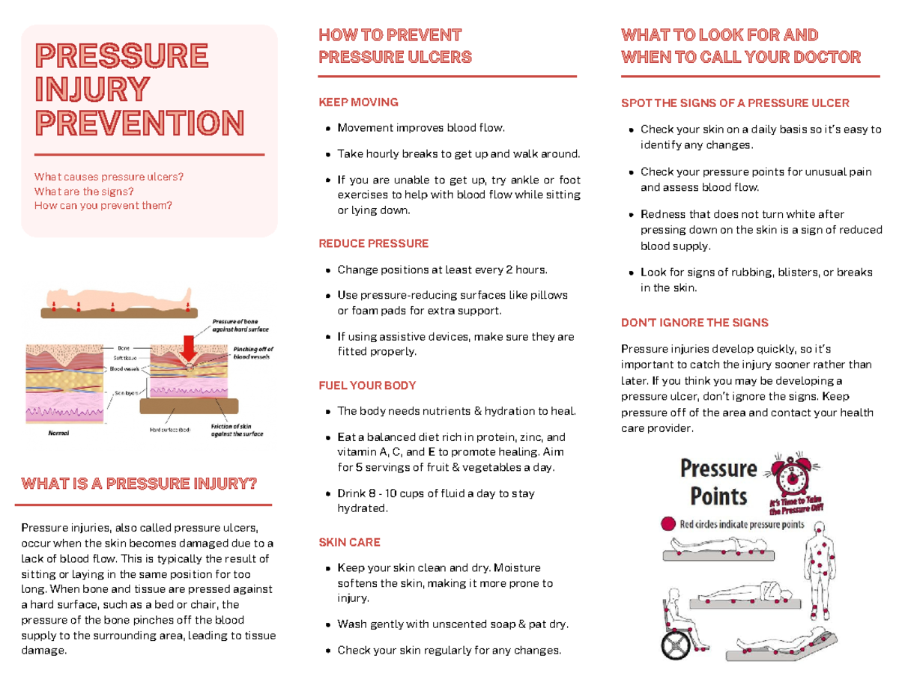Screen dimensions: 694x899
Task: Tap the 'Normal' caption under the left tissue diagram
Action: click(x=59, y=433)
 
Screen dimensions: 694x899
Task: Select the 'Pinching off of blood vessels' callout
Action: click(x=253, y=353)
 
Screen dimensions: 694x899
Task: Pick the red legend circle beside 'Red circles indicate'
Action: click(x=667, y=525)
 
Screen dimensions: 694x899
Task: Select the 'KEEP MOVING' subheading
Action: click(x=358, y=103)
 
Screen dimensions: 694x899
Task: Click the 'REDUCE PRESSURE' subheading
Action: click(x=373, y=243)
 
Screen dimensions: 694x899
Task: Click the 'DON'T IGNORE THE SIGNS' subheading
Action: click(x=694, y=323)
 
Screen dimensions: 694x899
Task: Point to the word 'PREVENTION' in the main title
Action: click(x=139, y=124)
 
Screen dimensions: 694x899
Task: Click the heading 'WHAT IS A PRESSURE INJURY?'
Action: click(x=139, y=483)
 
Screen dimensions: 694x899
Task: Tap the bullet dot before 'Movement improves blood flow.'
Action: click(x=329, y=129)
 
